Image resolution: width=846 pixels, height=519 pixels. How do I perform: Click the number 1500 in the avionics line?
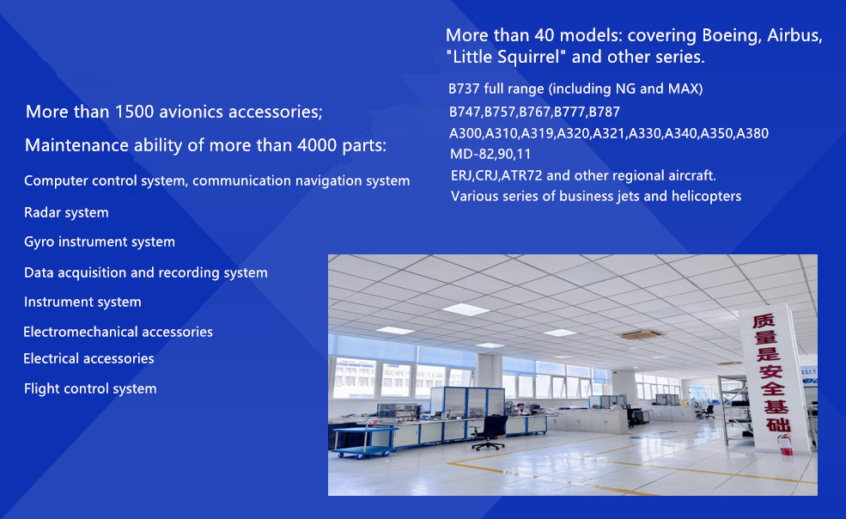tap(134, 111)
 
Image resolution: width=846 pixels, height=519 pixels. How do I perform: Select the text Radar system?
tap(66, 212)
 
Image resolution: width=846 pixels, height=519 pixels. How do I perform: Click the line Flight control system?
tap(90, 389)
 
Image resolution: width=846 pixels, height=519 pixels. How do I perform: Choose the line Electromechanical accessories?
tap(119, 332)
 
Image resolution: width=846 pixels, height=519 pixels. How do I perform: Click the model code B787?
tap(605, 112)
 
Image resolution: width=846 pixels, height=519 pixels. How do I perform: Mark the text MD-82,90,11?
tap(490, 155)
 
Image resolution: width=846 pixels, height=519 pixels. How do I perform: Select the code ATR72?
tap(521, 175)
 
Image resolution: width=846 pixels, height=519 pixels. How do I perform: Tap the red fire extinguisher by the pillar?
tap(786, 444)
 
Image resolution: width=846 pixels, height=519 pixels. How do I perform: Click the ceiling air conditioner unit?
tap(641, 335)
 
